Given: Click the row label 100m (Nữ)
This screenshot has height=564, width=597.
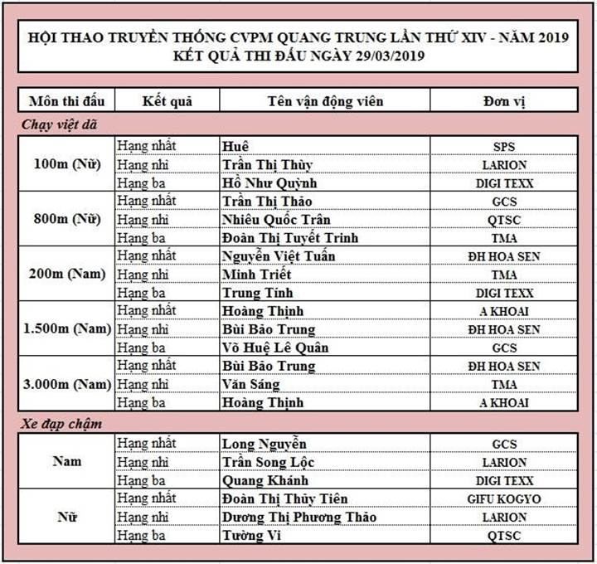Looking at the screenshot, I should pos(66,164).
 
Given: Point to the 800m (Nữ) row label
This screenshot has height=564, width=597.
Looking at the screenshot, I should pos(66,220).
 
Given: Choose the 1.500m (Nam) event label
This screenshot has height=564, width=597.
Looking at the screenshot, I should pos(66,329).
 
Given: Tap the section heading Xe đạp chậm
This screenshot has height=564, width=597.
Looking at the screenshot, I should pos(62,424).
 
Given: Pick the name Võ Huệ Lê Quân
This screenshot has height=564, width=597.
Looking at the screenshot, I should pos(274,348).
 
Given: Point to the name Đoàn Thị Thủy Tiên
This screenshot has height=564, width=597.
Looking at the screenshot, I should pos(285,498).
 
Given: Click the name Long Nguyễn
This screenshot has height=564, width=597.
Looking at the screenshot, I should pos(265,444).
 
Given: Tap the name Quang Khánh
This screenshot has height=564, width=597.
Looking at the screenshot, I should pos(265,480).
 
